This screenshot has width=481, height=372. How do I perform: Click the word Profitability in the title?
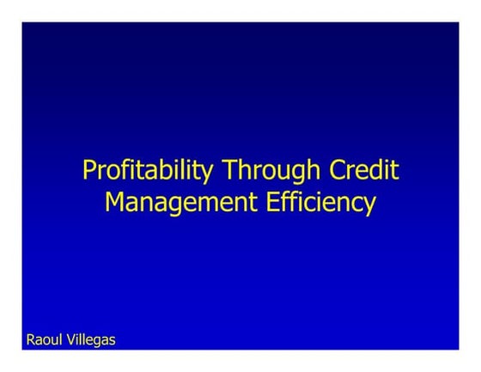[x=149, y=170]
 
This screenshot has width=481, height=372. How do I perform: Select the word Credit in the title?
[x=364, y=169]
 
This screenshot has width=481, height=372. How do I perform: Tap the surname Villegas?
[x=90, y=340]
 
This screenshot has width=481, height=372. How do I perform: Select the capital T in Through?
[x=229, y=169]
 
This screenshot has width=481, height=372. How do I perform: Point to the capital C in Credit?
[x=338, y=169]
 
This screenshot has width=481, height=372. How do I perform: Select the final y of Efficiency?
[x=369, y=206]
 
